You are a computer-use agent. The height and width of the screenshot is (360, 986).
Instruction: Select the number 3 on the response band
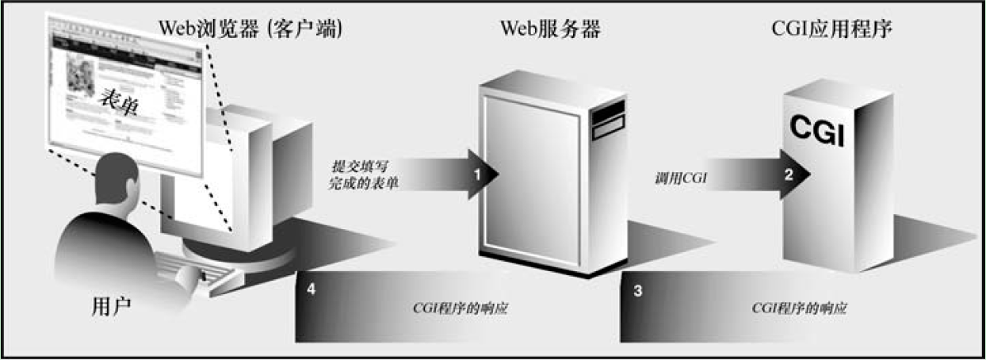639,290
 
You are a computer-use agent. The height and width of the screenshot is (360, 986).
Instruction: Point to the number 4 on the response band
312,290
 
